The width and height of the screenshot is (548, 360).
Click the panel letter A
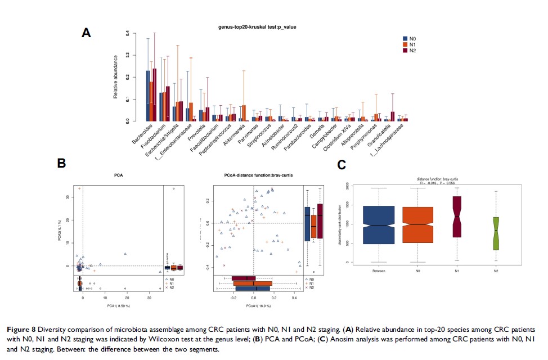(x=86, y=33)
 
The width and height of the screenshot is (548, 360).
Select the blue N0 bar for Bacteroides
(x=148, y=96)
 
